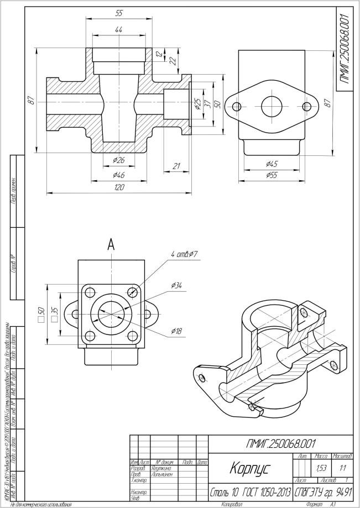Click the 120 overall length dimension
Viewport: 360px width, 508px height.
pos(119,187)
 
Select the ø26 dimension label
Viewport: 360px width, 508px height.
pos(119,160)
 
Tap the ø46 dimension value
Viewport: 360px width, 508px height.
pos(119,175)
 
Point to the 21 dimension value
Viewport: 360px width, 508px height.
pos(177,166)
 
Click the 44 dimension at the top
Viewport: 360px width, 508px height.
pos(119,29)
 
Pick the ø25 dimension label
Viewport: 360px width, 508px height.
pos(197,104)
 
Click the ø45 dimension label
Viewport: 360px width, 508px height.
pos(271,164)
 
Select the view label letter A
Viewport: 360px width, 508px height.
pos(111,245)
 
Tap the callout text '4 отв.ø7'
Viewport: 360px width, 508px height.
pos(185,254)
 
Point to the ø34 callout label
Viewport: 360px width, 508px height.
pos(177,285)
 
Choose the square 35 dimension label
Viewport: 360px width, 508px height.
pos(54,313)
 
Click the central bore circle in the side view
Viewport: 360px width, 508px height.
pos(272,106)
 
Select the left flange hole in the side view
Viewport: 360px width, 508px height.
pos(237,106)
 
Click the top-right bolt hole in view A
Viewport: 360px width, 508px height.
pos(132,292)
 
